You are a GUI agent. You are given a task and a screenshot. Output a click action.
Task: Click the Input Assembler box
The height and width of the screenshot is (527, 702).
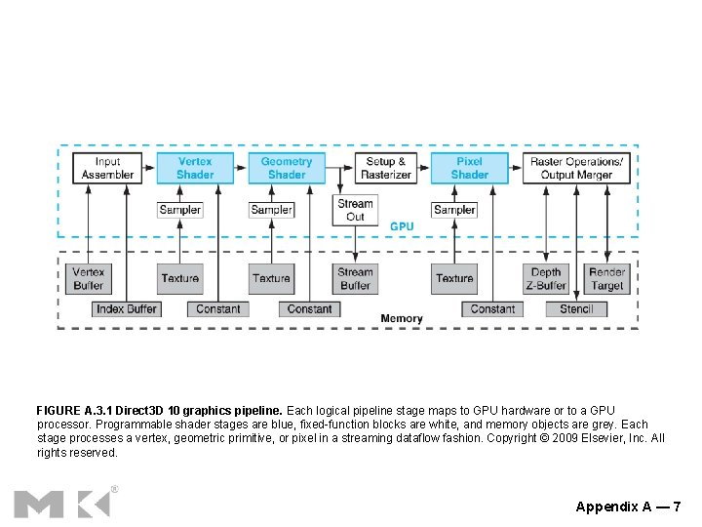[x=107, y=168]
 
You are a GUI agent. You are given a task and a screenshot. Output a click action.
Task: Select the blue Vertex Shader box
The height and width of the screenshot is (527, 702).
[x=195, y=168]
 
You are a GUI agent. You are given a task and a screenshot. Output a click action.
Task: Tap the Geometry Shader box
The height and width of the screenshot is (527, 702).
[x=287, y=168]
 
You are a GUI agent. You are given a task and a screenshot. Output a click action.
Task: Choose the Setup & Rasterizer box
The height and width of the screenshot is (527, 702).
[x=386, y=168]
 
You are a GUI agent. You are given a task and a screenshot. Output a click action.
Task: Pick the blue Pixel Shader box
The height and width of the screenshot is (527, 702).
[x=469, y=168]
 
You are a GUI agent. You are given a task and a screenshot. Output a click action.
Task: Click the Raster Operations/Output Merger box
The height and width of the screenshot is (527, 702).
[x=576, y=168]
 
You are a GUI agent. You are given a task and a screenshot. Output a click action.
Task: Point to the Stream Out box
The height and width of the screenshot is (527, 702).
[x=355, y=210]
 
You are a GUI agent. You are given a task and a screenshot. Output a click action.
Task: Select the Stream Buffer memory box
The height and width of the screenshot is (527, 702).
[x=355, y=279]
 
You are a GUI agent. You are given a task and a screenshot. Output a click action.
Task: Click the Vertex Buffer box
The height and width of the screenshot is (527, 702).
[x=88, y=279]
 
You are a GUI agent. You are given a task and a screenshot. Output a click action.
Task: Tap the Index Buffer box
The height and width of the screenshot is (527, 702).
[x=126, y=308]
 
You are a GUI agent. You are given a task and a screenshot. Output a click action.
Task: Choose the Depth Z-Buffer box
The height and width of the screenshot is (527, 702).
[x=546, y=279]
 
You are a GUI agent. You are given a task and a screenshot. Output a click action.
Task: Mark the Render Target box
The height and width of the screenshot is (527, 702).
[x=606, y=279]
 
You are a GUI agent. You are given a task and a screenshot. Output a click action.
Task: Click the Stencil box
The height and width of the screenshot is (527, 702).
[x=575, y=308]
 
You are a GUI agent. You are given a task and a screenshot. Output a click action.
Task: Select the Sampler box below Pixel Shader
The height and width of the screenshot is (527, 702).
[x=454, y=210]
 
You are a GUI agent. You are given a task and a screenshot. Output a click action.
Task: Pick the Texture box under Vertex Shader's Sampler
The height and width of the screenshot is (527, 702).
[x=179, y=279]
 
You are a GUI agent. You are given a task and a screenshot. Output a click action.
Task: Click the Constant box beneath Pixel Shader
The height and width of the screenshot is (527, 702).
[x=492, y=308]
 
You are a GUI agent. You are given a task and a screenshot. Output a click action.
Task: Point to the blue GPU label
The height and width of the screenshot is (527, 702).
[x=402, y=226]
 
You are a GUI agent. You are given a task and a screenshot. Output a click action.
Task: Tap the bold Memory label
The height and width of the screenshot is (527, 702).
[x=402, y=318]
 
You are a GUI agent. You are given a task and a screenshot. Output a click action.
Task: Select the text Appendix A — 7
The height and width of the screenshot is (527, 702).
[x=628, y=506]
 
